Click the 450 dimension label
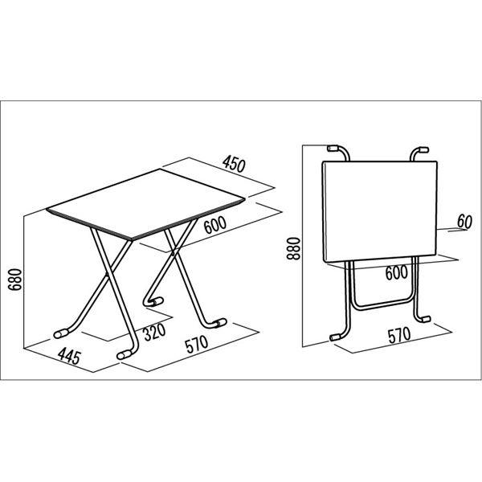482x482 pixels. tap(235, 164)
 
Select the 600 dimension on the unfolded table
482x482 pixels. tap(215, 225)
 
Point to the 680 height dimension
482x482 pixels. tap(15, 280)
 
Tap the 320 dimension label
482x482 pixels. tap(154, 333)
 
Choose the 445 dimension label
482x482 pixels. tap(69, 356)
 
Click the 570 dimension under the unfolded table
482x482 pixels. tap(197, 345)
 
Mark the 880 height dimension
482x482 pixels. tap(293, 248)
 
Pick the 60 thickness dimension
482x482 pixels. tap(464, 222)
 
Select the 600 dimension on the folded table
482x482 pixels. tap(397, 272)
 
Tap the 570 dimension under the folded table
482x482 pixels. tap(399, 335)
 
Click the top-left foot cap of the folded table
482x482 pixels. tap(333, 149)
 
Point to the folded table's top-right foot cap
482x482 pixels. tap(424, 149)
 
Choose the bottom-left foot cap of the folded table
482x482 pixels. tap(334, 337)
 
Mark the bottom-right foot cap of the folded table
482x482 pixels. tap(426, 319)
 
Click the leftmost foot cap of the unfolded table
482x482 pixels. tap(61, 333)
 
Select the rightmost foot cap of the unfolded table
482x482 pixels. tap(219, 323)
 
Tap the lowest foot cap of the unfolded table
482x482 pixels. tap(125, 355)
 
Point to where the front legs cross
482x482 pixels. tap(108, 273)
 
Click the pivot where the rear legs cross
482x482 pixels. tap(173, 253)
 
